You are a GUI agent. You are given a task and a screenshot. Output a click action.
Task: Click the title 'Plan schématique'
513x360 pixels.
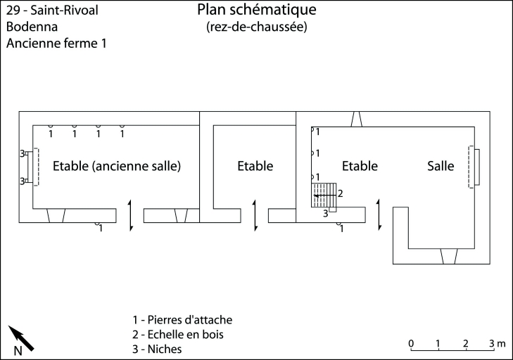click(257, 10)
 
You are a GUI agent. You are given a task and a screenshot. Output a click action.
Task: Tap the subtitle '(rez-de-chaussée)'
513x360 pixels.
click(257, 27)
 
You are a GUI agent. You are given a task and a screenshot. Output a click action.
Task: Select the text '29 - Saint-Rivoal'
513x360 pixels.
click(52, 11)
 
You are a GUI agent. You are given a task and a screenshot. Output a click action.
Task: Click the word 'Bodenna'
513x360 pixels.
click(32, 27)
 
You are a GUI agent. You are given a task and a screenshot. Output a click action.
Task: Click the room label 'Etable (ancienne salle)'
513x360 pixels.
click(117, 167)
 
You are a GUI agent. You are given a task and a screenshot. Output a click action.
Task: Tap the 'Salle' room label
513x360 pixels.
click(441, 167)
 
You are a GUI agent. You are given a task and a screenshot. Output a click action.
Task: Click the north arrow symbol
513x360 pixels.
click(21, 339)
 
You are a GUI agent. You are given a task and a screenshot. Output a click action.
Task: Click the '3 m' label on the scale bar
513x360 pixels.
click(497, 343)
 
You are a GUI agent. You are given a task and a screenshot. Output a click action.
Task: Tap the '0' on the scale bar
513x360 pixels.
click(411, 343)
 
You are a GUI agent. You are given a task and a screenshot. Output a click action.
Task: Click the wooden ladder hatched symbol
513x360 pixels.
click(324, 195)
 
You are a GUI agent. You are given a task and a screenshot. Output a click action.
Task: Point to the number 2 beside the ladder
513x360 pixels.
click(341, 193)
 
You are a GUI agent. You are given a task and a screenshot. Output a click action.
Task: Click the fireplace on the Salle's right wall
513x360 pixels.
click(474, 167)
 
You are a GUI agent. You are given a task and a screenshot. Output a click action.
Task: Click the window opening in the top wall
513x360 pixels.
click(356, 120)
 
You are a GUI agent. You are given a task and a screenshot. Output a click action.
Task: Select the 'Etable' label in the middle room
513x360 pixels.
click(255, 167)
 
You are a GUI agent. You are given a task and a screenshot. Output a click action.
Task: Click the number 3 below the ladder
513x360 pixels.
click(326, 213)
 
